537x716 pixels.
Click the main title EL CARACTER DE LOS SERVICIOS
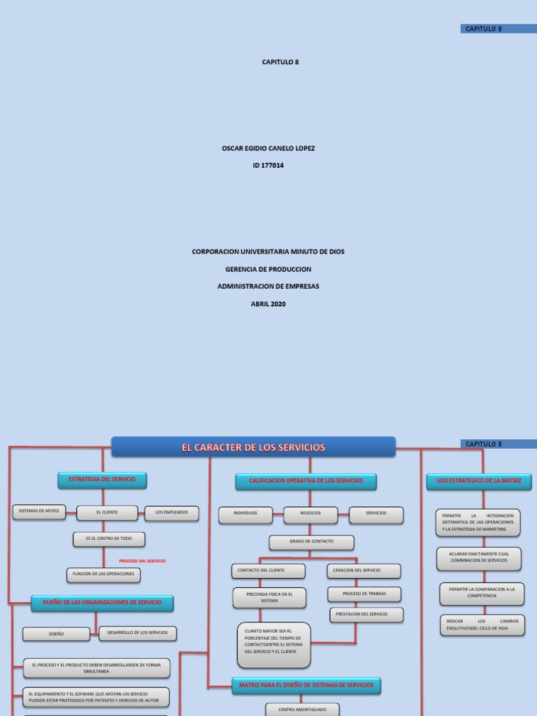click(254, 447)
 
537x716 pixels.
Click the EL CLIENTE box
click(107, 513)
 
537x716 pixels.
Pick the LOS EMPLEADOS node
click(171, 513)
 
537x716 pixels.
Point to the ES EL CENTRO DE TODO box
click(109, 539)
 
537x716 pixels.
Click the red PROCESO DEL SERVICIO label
click(143, 561)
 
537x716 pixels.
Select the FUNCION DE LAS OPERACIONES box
click(103, 575)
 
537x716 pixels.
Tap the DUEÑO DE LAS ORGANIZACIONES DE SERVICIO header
click(102, 602)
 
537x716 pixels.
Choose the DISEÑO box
click(56, 634)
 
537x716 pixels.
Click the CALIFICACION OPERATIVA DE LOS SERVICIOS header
click(306, 481)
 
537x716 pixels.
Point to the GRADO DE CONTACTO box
click(311, 542)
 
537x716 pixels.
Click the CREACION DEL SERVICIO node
click(363, 571)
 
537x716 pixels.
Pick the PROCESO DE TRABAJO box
click(364, 594)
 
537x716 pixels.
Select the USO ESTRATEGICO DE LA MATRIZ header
click(479, 481)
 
